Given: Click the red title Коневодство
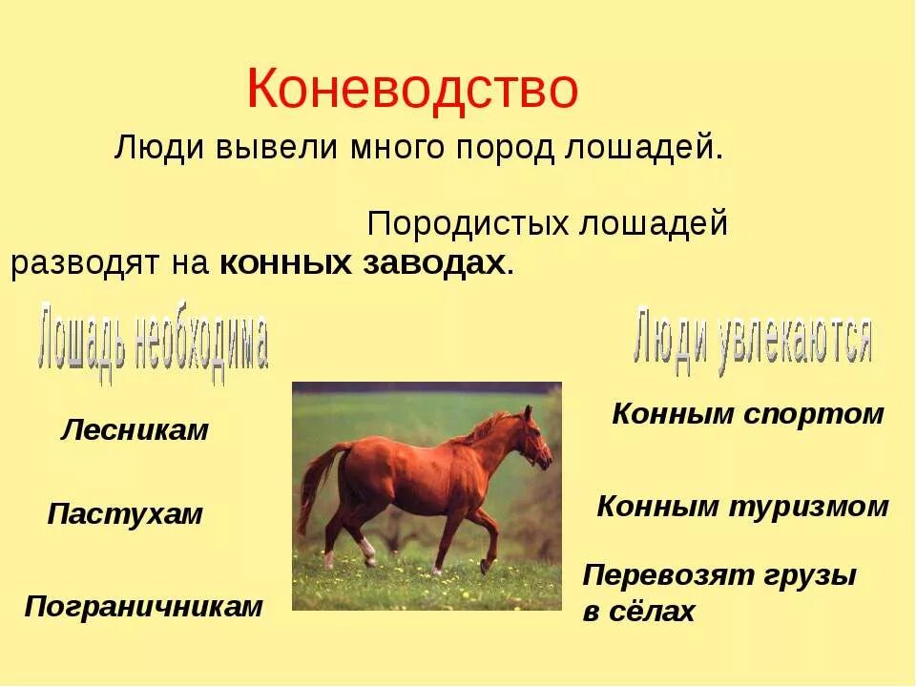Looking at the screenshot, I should click(412, 90).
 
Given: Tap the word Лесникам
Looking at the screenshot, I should click(135, 430).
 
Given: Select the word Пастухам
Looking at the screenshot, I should click(125, 514).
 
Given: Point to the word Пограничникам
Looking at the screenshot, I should click(143, 606).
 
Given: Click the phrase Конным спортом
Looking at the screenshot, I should click(748, 414).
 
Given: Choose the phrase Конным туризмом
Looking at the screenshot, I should click(742, 507).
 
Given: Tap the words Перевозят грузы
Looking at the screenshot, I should click(719, 576).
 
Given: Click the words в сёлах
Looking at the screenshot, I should click(638, 612).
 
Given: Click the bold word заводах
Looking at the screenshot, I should click(439, 264).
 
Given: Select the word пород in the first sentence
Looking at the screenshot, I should click(505, 148).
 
